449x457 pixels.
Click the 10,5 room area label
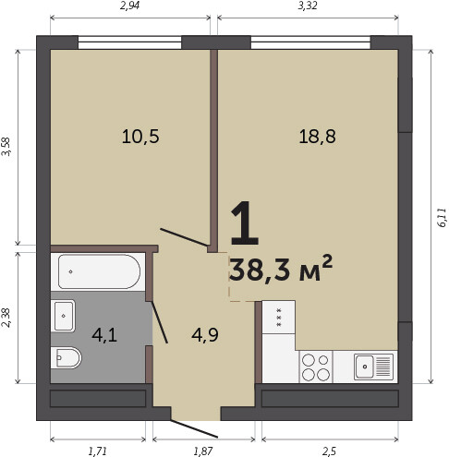pyautogui.click(x=140, y=137)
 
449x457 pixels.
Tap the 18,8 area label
pyautogui.click(x=317, y=137)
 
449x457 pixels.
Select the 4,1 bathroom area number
pyautogui.click(x=104, y=335)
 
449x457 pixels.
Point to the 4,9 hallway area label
pyautogui.click(x=205, y=334)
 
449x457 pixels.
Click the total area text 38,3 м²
pyautogui.click(x=281, y=269)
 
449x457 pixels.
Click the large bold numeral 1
pyautogui.click(x=244, y=223)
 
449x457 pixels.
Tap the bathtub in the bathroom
pyautogui.click(x=99, y=271)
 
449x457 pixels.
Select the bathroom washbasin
pyautogui.click(x=64, y=316)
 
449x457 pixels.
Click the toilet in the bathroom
pyautogui.click(x=66, y=357)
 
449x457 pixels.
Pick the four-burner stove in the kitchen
pyautogui.click(x=316, y=367)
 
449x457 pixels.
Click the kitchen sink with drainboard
pyautogui.click(x=373, y=367)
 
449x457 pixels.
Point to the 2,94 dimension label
pyautogui.click(x=129, y=6)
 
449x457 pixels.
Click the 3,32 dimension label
pyautogui.click(x=308, y=6)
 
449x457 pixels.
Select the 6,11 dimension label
pyautogui.click(x=442, y=218)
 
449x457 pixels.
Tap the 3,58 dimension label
pyautogui.click(x=6, y=147)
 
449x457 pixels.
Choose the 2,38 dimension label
pyautogui.click(x=6, y=318)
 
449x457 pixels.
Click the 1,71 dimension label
pyautogui.click(x=98, y=451)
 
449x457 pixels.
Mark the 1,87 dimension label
pyautogui.click(x=203, y=451)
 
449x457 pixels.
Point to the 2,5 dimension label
pyautogui.click(x=330, y=451)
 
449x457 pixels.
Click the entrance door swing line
pyautogui.click(x=194, y=428)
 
